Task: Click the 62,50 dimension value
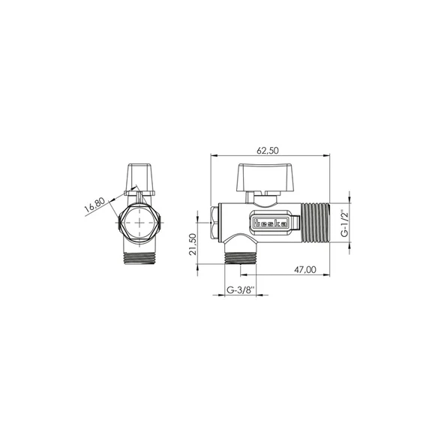(268, 151)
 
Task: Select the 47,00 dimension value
(305, 269)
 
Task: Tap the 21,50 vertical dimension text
(193, 244)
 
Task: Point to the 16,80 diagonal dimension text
(94, 205)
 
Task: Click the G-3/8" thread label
(241, 290)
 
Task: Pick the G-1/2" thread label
(344, 223)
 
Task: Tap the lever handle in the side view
(265, 177)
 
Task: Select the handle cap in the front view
(140, 179)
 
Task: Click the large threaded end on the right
(315, 223)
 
